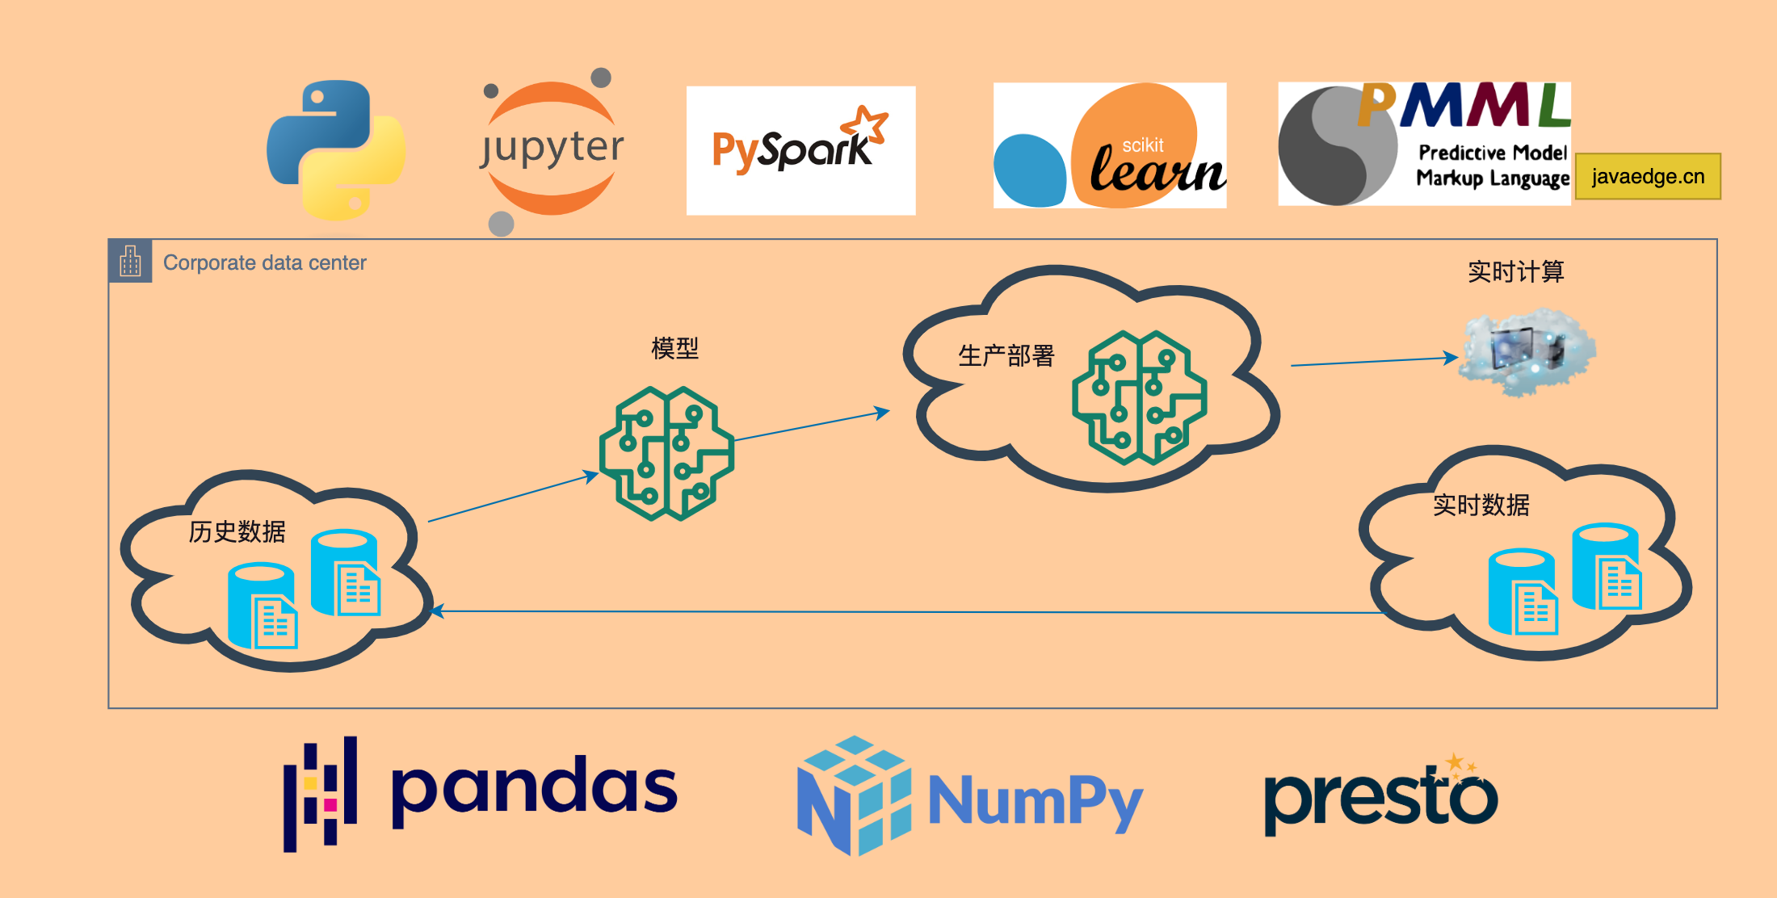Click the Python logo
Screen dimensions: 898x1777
pos(336,150)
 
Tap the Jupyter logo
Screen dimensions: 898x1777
pos(552,150)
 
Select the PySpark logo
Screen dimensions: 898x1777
pos(800,150)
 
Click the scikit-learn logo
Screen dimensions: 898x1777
pos(1110,146)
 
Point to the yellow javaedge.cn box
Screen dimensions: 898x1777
pos(1648,176)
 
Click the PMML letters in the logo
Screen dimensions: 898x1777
pos(1464,105)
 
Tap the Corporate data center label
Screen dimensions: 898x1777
pos(264,262)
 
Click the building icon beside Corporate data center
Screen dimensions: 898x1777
pos(130,261)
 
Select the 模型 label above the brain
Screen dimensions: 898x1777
pos(674,348)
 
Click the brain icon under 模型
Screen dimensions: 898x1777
pos(666,453)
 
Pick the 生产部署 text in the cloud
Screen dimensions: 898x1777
pos(1006,355)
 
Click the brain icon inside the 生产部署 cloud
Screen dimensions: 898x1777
pos(1139,397)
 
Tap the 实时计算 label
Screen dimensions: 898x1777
pos(1515,271)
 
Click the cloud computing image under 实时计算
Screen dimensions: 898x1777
pos(1528,352)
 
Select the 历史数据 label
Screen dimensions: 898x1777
pos(237,531)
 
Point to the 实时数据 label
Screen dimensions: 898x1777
pos(1481,505)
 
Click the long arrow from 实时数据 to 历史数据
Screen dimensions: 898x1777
pos(905,612)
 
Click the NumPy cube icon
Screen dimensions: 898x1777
pos(854,795)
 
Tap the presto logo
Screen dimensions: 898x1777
pos(1380,795)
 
